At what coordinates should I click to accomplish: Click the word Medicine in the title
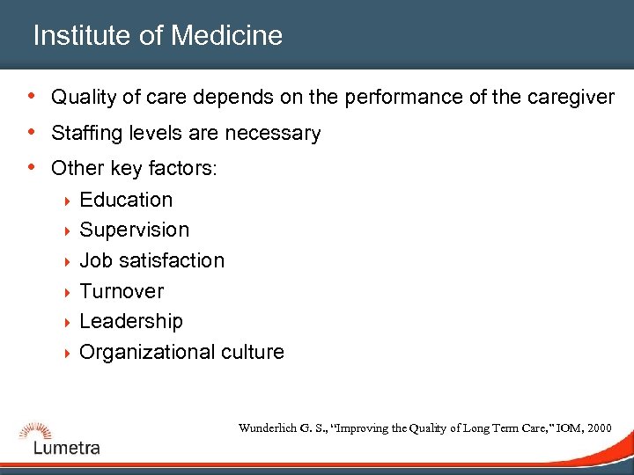tap(227, 36)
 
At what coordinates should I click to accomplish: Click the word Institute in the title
tap(85, 36)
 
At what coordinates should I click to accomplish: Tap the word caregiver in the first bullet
tap(571, 97)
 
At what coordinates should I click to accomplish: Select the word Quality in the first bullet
tap(83, 97)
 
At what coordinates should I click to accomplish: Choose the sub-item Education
tap(126, 200)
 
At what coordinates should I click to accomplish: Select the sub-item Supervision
tap(134, 230)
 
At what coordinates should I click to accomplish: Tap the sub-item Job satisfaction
tap(151, 260)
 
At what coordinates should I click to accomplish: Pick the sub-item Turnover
tap(122, 291)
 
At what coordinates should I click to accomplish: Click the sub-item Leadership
tap(131, 321)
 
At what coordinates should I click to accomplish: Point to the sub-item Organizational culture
tap(181, 352)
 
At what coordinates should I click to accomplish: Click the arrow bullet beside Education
tap(67, 201)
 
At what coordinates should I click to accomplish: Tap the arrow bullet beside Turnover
tap(67, 292)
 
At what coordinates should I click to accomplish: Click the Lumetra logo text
tap(67, 448)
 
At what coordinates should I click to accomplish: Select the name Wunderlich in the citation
tap(268, 428)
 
